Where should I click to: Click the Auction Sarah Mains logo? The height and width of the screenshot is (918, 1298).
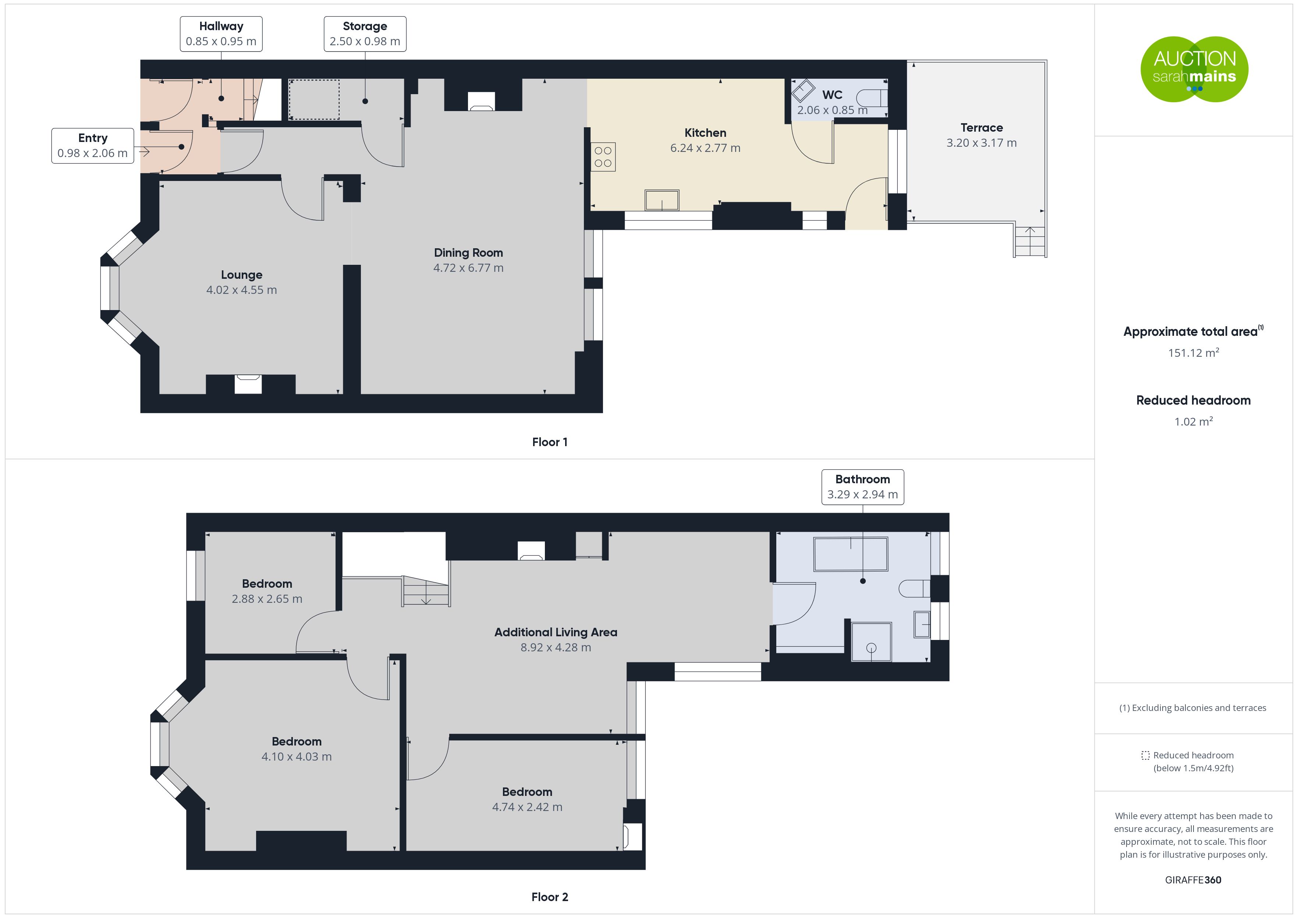click(x=1194, y=69)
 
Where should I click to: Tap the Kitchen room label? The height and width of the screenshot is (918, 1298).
click(x=705, y=133)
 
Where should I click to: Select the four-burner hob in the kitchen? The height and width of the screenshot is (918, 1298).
click(x=603, y=157)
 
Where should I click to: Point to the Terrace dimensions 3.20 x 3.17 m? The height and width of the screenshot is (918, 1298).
click(x=982, y=143)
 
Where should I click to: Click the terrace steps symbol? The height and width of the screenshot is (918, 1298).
click(x=1029, y=241)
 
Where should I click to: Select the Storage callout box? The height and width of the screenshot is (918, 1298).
click(x=365, y=34)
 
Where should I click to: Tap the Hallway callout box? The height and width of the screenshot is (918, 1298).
click(x=221, y=34)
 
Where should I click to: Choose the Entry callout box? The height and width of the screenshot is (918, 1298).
click(x=93, y=146)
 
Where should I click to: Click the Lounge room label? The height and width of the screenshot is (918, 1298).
click(x=241, y=275)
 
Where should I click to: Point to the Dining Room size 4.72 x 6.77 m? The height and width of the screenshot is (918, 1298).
click(x=468, y=268)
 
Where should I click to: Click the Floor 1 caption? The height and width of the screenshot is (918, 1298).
click(x=550, y=442)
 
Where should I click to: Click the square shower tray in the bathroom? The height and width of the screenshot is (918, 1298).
click(x=871, y=641)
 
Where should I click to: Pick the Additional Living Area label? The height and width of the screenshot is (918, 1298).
click(x=556, y=633)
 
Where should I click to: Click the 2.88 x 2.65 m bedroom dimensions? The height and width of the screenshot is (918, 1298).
click(x=267, y=599)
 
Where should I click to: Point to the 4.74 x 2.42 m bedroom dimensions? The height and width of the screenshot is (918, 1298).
click(x=527, y=807)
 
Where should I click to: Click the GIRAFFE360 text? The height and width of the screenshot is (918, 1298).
click(x=1193, y=880)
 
